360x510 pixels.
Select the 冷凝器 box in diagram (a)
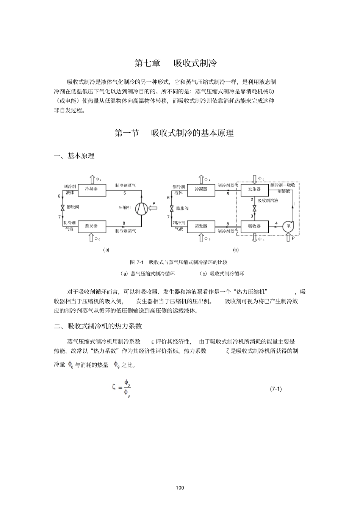point(91,189)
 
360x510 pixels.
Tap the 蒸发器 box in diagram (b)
point(201,226)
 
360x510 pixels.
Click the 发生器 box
point(254,189)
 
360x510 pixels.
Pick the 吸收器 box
point(254,226)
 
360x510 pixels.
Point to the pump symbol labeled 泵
point(288,226)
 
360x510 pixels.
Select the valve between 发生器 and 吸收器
point(254,208)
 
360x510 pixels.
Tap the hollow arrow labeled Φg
point(254,178)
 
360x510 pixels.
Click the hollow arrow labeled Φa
point(254,238)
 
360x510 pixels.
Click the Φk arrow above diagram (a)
point(91,179)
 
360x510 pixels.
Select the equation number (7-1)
point(275,389)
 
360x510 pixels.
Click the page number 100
point(180,488)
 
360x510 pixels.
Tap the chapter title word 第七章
point(147,63)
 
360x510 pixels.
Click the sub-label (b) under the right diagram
point(236,250)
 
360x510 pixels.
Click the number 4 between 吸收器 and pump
point(276,223)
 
